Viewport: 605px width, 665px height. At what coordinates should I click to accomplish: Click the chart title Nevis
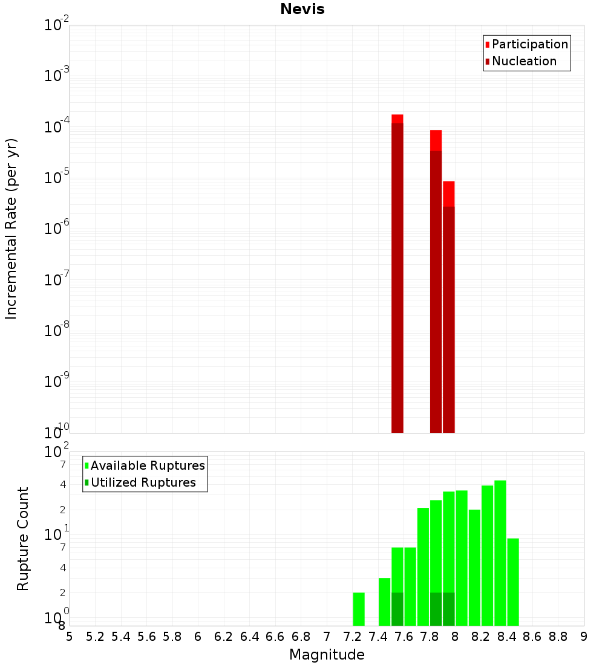[302, 10]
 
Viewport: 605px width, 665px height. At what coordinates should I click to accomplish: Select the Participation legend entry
[526, 44]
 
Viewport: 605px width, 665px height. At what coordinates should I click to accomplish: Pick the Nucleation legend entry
[520, 61]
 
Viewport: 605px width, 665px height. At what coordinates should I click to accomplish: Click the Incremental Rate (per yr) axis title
[11, 229]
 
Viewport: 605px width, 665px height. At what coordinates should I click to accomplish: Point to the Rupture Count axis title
[23, 539]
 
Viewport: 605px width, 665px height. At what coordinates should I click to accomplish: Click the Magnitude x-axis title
[327, 655]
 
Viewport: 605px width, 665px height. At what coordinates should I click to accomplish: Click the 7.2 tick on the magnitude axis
[353, 637]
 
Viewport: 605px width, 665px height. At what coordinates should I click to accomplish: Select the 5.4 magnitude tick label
[121, 637]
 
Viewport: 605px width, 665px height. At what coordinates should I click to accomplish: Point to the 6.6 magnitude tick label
[275, 637]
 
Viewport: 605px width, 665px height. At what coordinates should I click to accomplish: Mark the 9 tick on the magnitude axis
[584, 637]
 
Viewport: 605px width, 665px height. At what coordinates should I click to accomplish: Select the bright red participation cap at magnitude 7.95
[449, 193]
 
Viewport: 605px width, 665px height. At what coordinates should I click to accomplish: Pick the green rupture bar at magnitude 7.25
[359, 609]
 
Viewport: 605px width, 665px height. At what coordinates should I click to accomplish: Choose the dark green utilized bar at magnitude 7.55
[397, 609]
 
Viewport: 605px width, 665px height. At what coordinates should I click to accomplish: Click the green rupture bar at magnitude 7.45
[384, 602]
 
